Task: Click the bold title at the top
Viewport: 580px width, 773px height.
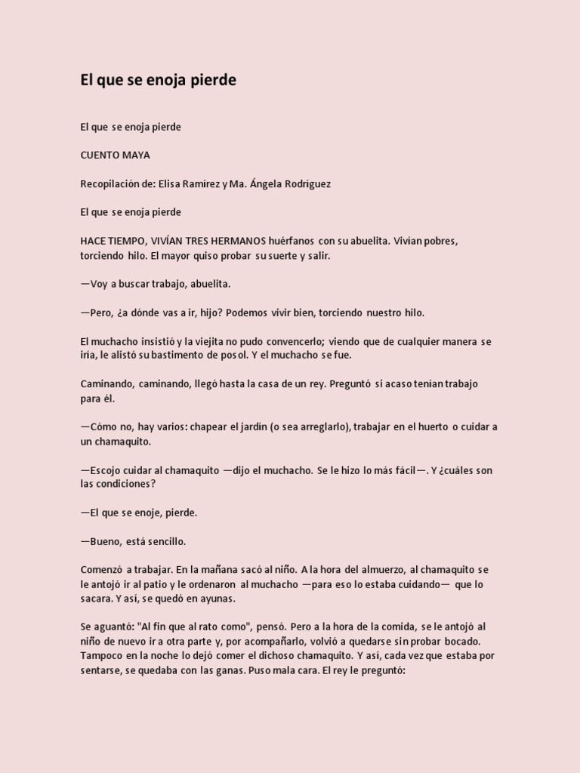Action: coord(159,80)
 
